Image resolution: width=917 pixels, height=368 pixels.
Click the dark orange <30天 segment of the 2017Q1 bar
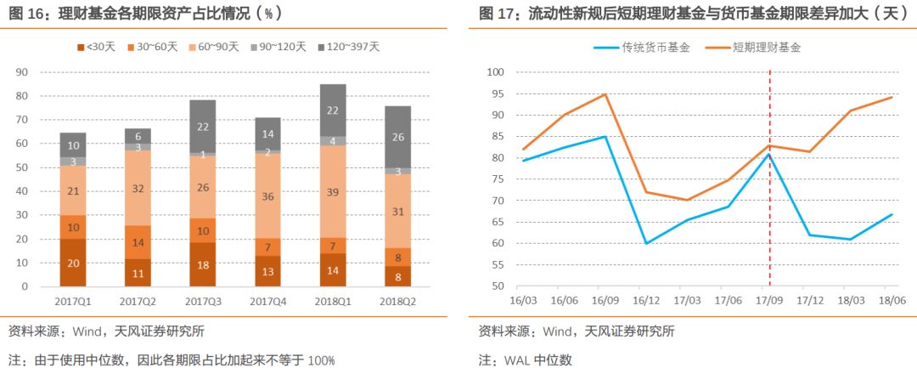pyautogui.click(x=72, y=263)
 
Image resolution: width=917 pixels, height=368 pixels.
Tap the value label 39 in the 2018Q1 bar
pyautogui.click(x=332, y=193)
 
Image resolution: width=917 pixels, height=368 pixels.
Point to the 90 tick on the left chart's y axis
pyautogui.click(x=22, y=72)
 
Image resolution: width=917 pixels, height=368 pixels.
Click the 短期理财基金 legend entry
pyautogui.click(x=762, y=48)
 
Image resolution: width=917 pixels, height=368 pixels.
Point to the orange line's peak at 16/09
pyautogui.click(x=605, y=94)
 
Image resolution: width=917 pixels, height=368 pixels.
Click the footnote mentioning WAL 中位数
pyautogui.click(x=526, y=360)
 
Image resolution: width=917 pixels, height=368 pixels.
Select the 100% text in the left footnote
pyautogui.click(x=321, y=360)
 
